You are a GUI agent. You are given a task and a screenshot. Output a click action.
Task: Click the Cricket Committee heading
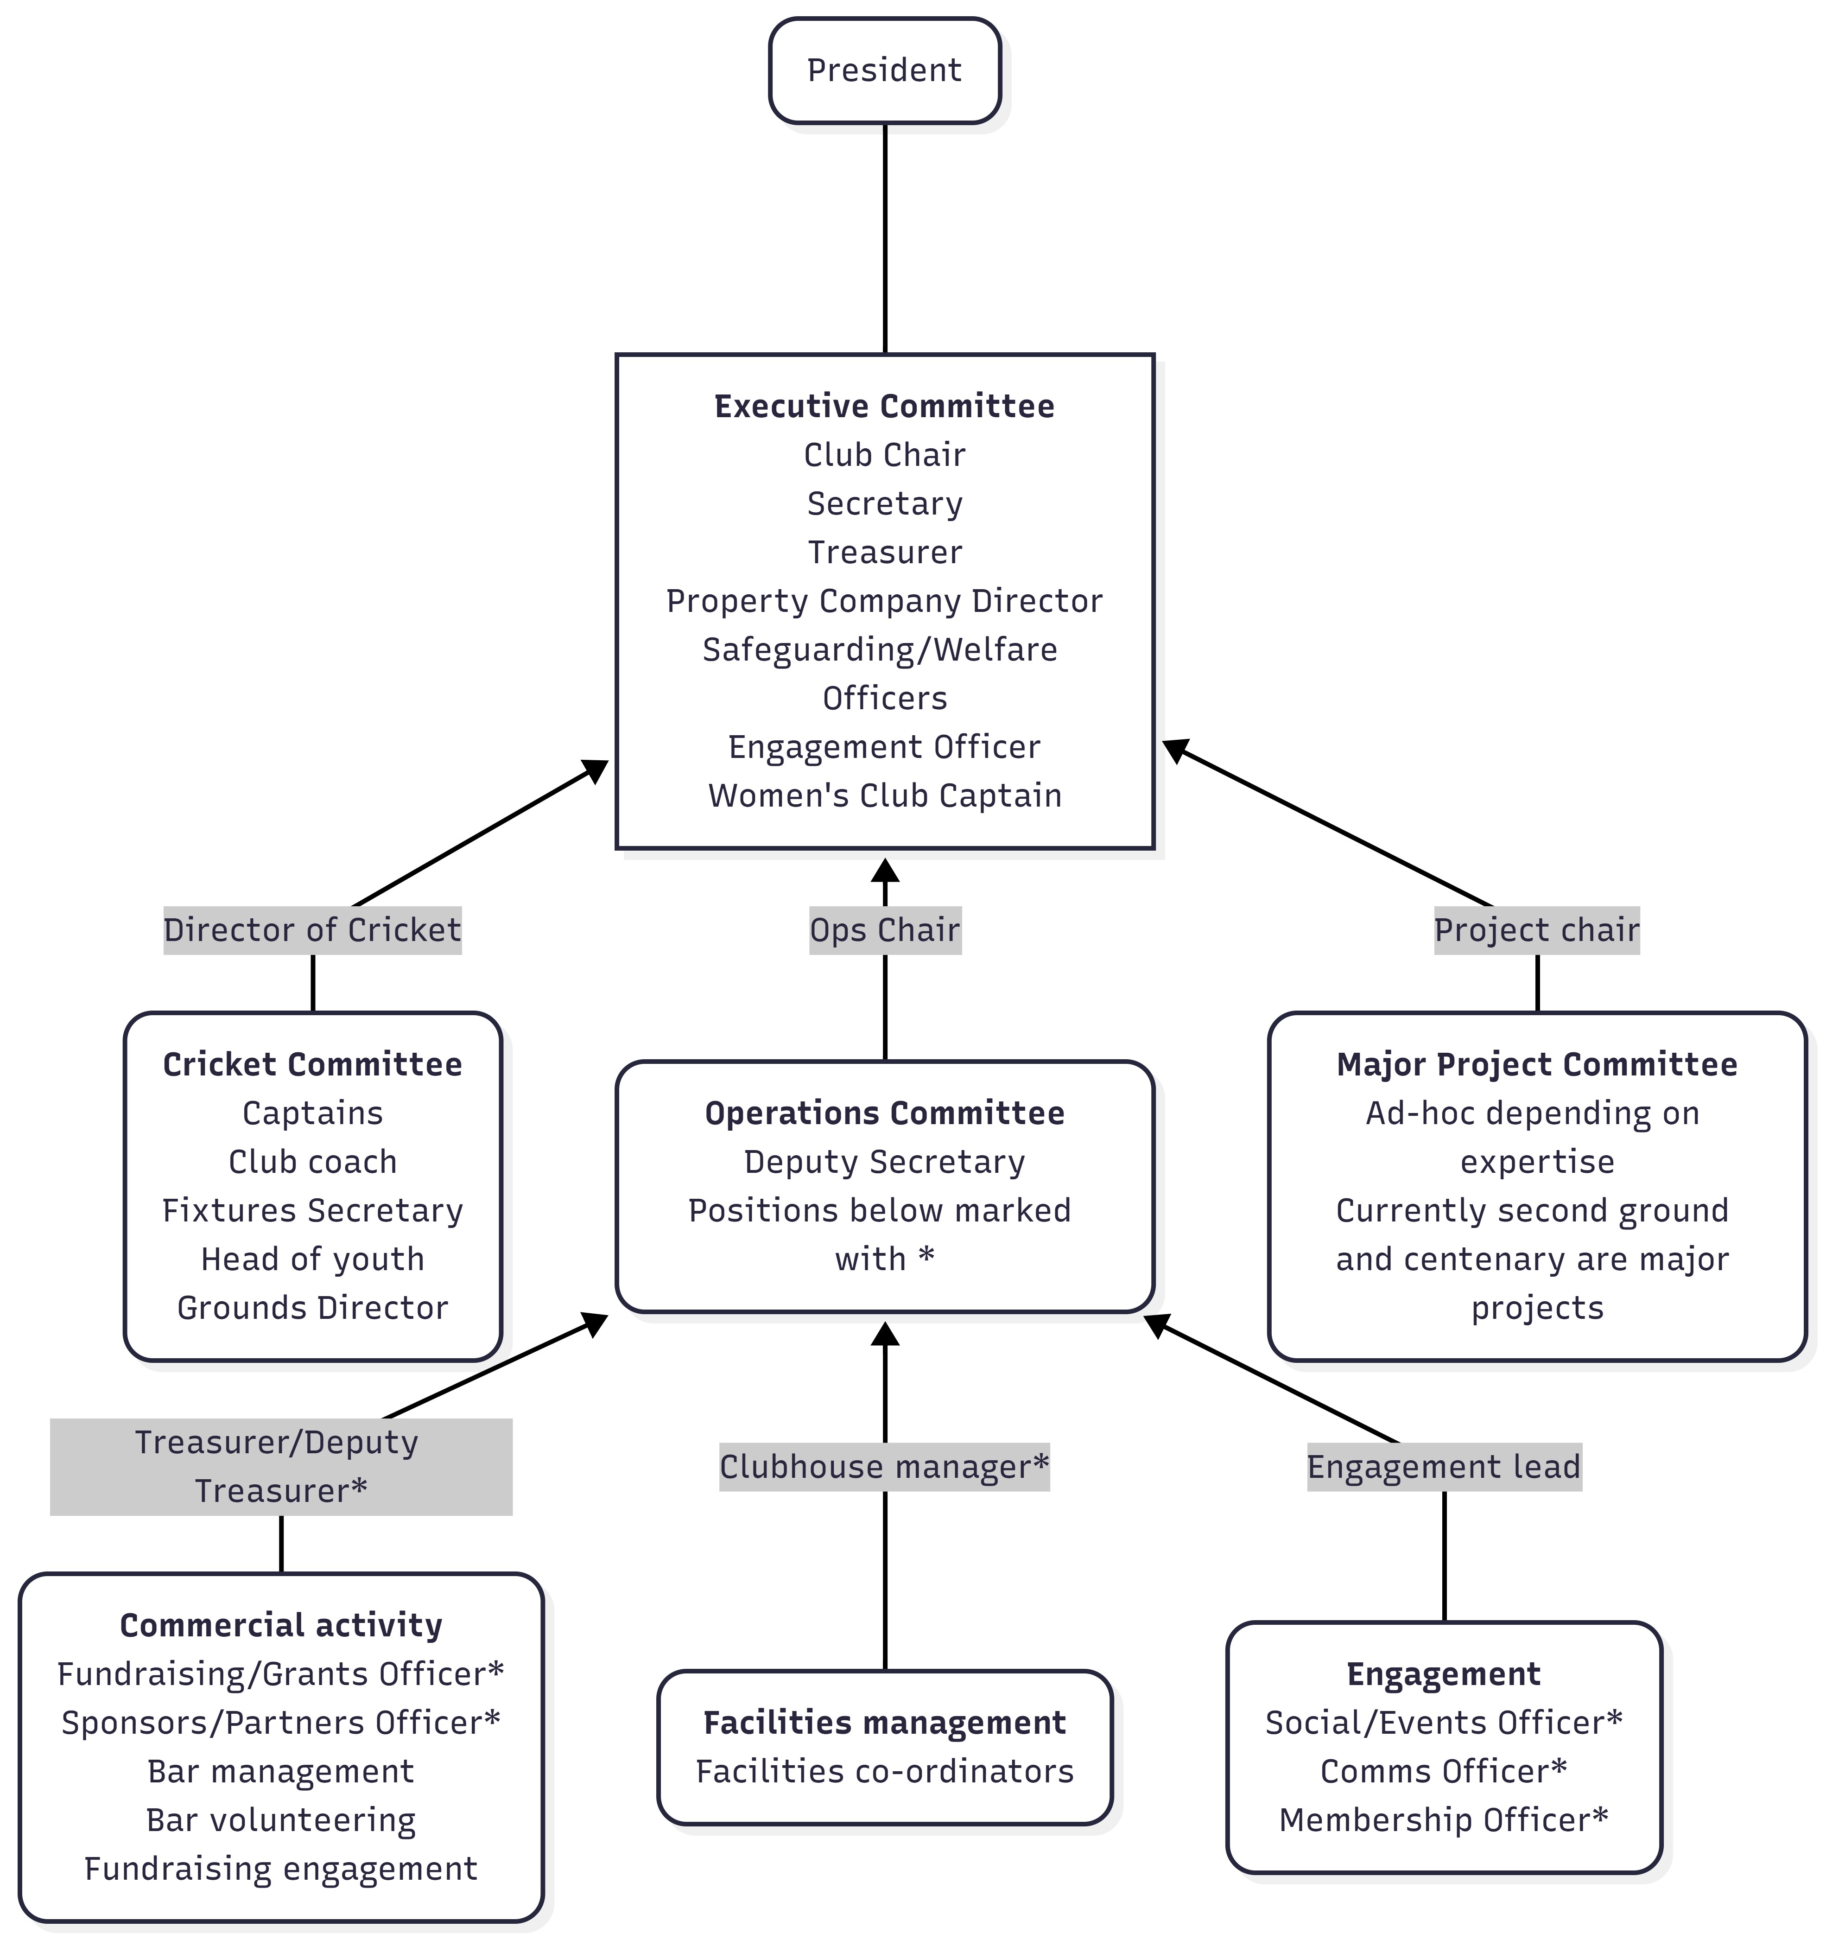pos(312,1064)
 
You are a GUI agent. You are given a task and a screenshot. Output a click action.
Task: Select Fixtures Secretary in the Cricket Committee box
pos(312,1210)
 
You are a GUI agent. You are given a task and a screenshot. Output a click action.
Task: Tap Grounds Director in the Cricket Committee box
pos(312,1308)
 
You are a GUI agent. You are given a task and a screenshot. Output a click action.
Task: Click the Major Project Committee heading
pos(1536,1064)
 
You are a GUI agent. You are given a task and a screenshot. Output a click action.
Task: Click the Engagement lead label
pos(1444,1467)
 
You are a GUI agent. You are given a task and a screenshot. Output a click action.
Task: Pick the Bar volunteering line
pos(281,1820)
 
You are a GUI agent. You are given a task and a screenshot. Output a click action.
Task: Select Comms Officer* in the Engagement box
pos(1444,1771)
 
